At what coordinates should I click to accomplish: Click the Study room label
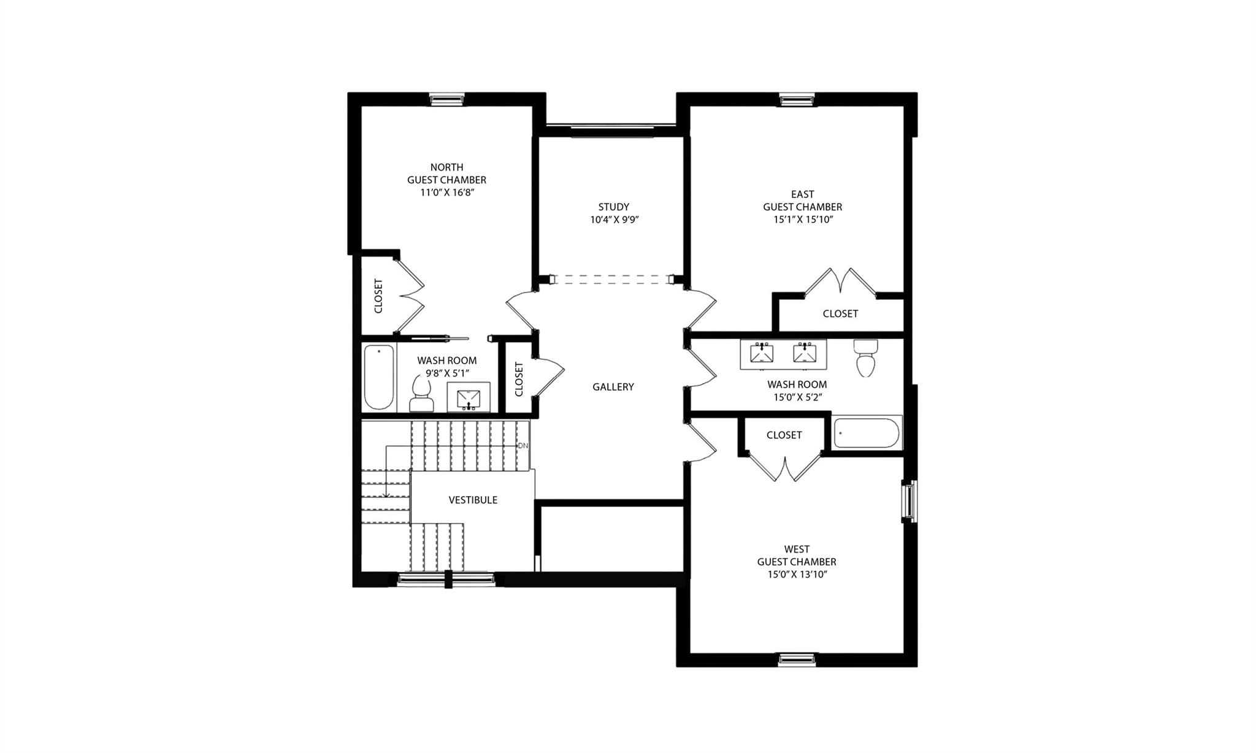[x=614, y=207]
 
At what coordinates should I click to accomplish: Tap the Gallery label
[x=613, y=387]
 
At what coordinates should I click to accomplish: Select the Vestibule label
[x=473, y=500]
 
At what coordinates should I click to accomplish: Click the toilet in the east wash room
[x=865, y=358]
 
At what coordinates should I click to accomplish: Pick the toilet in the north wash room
[x=421, y=395]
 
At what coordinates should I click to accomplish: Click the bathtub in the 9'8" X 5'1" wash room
[x=378, y=378]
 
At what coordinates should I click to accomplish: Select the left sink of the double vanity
[x=762, y=354]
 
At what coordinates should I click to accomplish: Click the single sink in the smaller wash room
[x=469, y=398]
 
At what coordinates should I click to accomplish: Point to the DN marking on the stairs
[x=523, y=446]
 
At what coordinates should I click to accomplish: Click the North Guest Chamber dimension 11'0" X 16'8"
[x=446, y=193]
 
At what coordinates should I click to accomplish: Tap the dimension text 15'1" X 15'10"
[x=802, y=220]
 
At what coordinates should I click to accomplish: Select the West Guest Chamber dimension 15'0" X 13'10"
[x=797, y=575]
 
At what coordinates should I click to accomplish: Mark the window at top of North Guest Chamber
[x=447, y=99]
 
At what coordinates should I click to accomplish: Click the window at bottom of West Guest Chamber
[x=797, y=660]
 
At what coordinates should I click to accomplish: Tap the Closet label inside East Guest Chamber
[x=840, y=314]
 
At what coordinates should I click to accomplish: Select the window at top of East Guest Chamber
[x=797, y=99]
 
